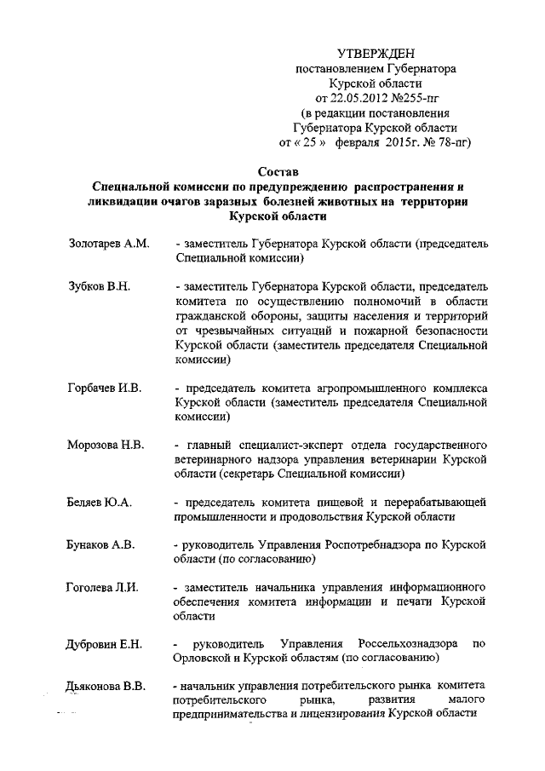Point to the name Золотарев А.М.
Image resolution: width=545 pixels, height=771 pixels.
pos(108,244)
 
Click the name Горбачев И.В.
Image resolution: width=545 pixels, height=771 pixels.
pos(104,388)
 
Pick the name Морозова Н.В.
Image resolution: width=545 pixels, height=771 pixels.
pos(106,446)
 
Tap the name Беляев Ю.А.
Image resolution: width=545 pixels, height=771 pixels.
pos(99,503)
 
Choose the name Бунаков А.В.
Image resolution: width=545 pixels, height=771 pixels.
pos(102,544)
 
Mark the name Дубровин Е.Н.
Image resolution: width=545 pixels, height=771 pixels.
pos(104,643)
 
